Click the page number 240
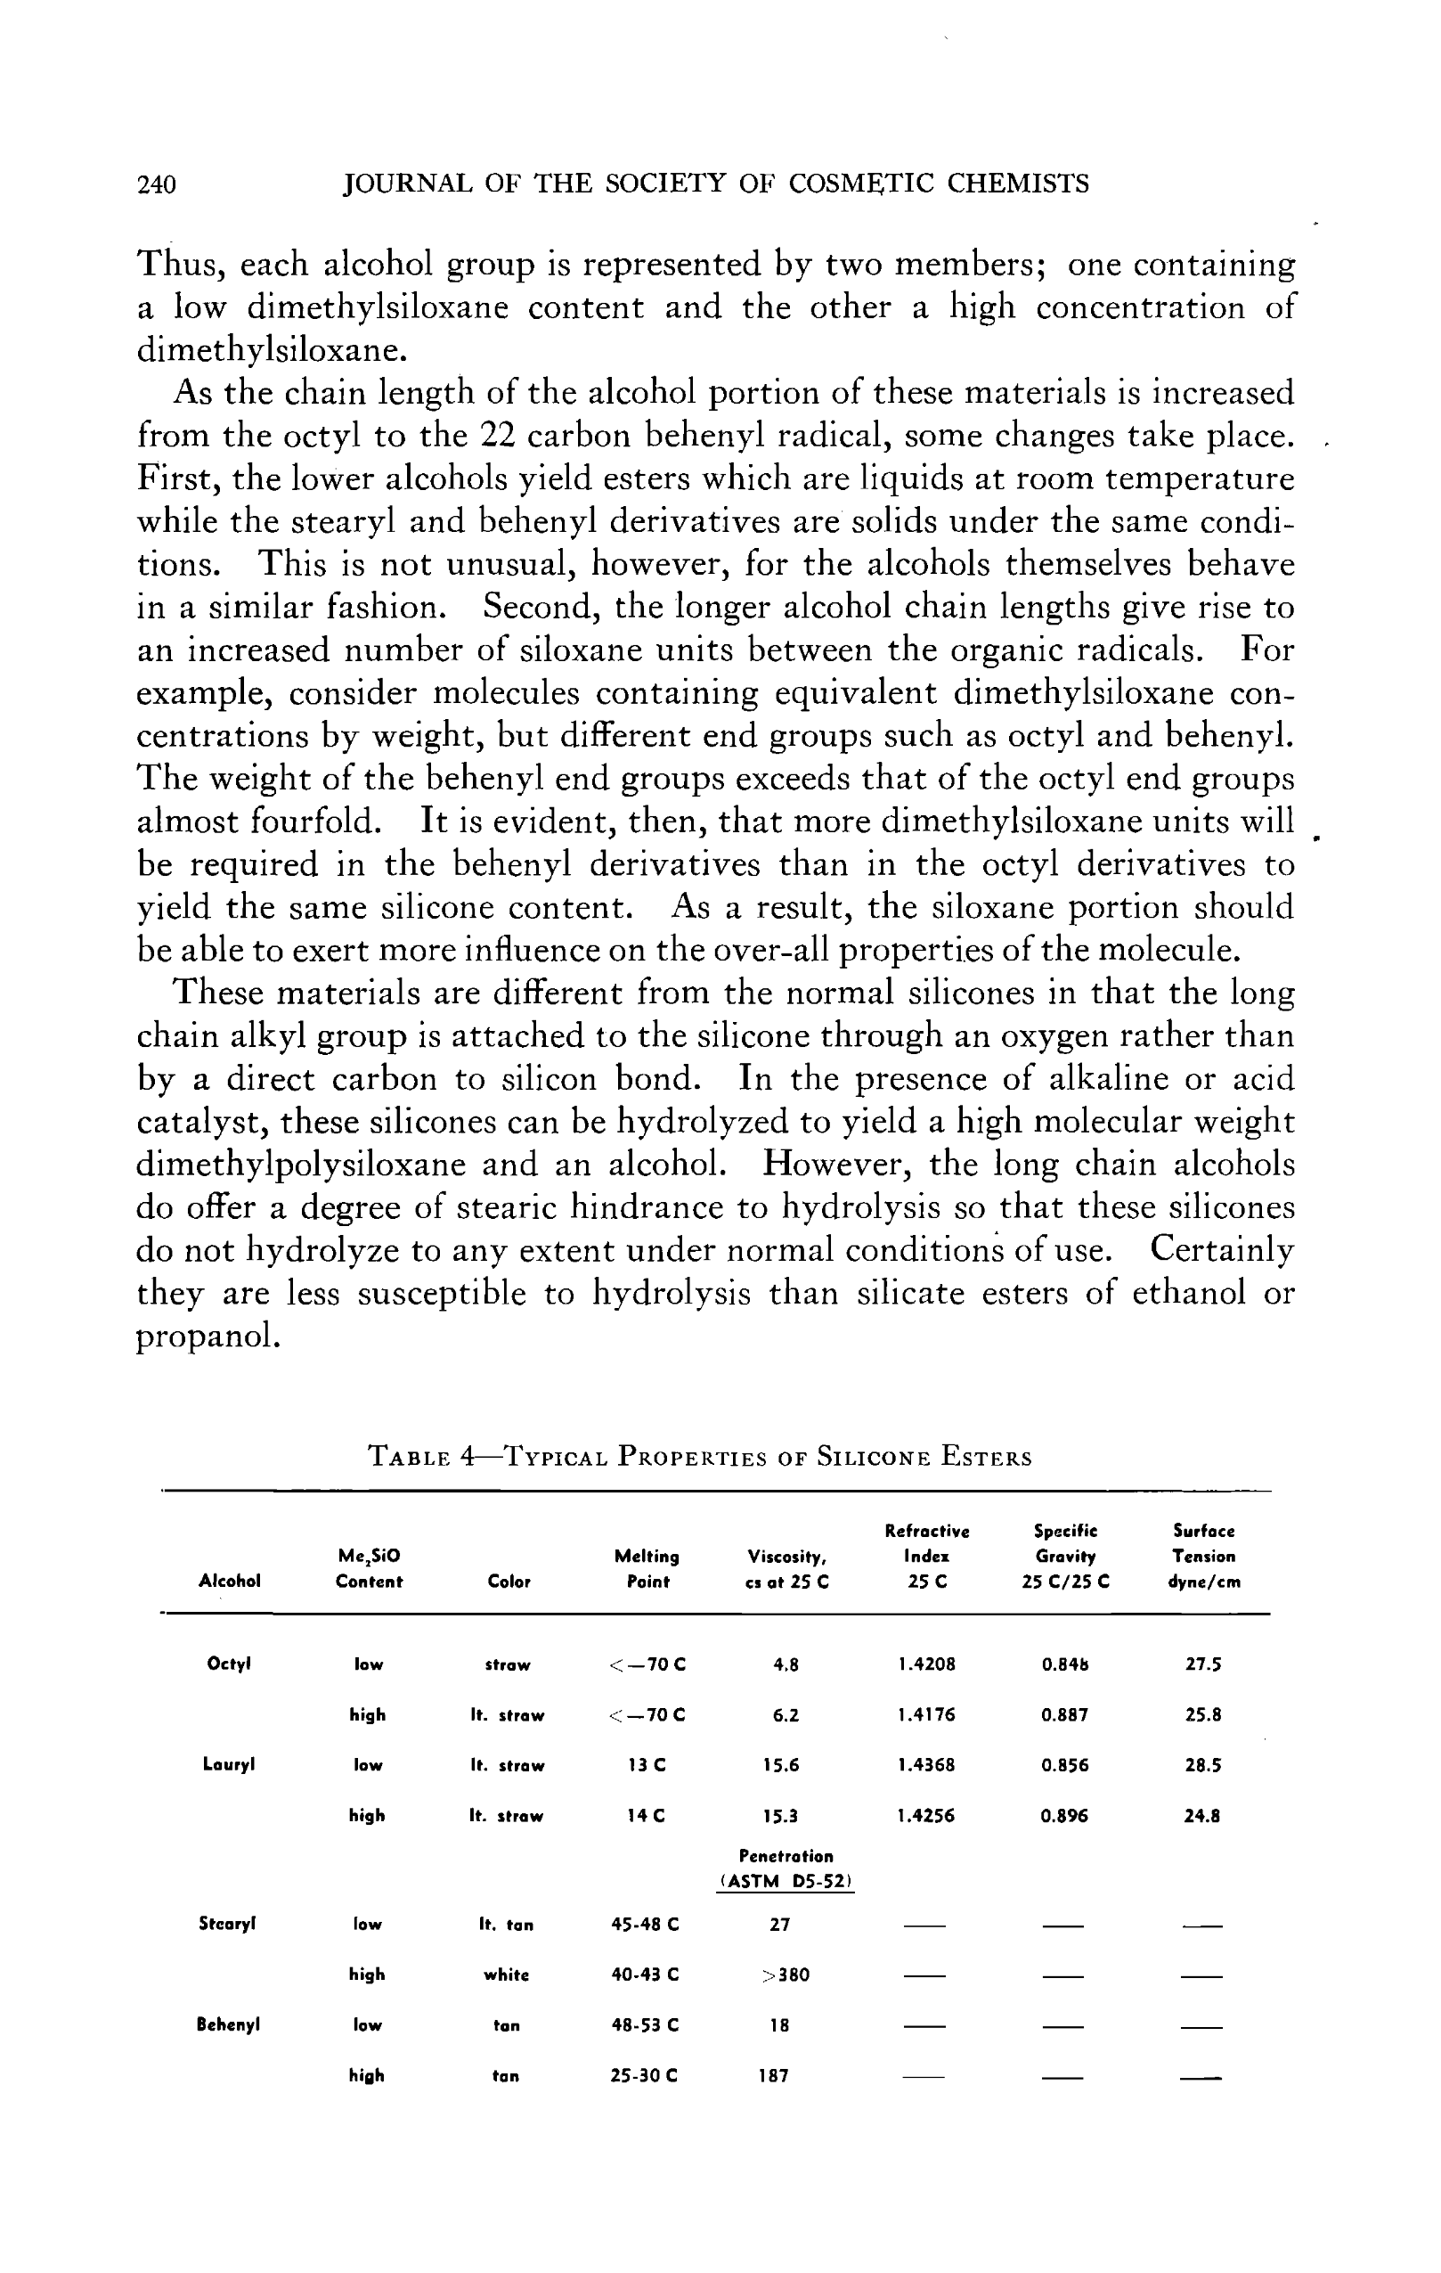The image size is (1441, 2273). tap(157, 184)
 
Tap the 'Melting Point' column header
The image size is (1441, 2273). tap(647, 1568)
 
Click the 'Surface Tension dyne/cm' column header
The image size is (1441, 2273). tap(1204, 1556)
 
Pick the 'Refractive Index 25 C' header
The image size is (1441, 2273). tap(927, 1556)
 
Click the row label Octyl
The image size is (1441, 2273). tap(228, 1664)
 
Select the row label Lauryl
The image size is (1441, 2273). tap(229, 1764)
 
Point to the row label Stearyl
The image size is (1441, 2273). tap(227, 1923)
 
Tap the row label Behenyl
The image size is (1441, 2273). tap(228, 2024)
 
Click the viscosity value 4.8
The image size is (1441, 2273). tap(786, 1665)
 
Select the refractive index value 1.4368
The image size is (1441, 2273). tap(927, 1764)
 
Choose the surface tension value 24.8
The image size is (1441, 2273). tap(1202, 1815)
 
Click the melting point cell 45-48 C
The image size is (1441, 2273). tap(646, 1924)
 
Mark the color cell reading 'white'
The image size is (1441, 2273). tap(507, 1975)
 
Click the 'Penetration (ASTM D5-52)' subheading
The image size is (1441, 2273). tap(786, 1868)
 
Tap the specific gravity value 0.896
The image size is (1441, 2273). tap(1064, 1815)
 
